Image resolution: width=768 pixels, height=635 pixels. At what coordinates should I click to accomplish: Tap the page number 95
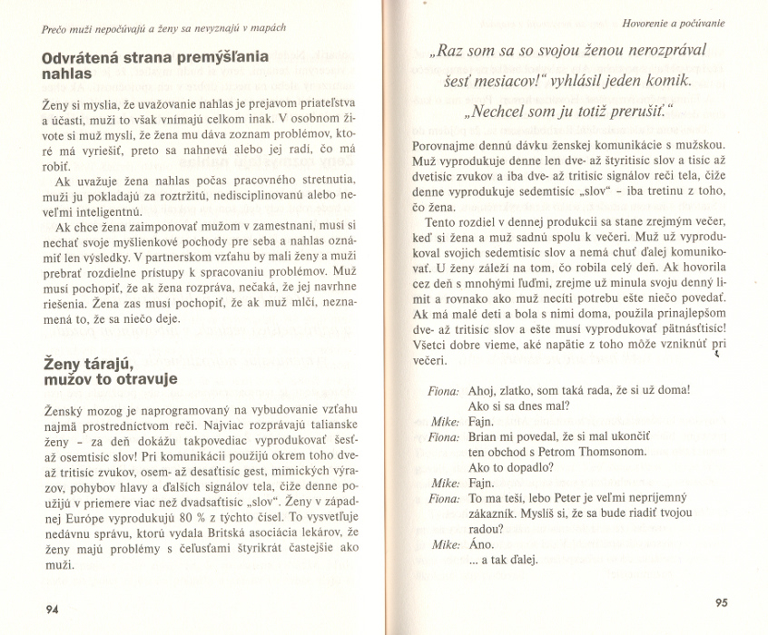(x=722, y=601)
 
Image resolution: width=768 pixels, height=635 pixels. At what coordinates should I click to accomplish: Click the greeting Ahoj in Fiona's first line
(x=483, y=390)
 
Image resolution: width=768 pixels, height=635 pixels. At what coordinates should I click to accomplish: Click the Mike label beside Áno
(x=445, y=544)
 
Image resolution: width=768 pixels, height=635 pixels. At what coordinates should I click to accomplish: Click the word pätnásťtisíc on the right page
(x=694, y=327)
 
